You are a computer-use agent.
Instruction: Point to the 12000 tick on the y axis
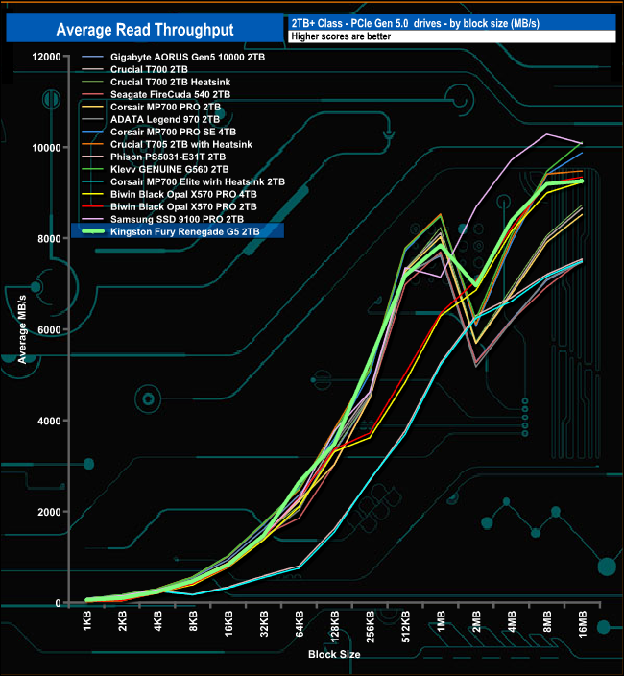[x=46, y=56]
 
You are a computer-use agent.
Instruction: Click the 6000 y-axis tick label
[x=49, y=330]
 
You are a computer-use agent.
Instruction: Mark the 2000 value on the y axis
[x=49, y=512]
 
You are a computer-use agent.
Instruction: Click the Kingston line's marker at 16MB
[x=582, y=181]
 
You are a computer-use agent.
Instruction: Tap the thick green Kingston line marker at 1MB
[x=441, y=246]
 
